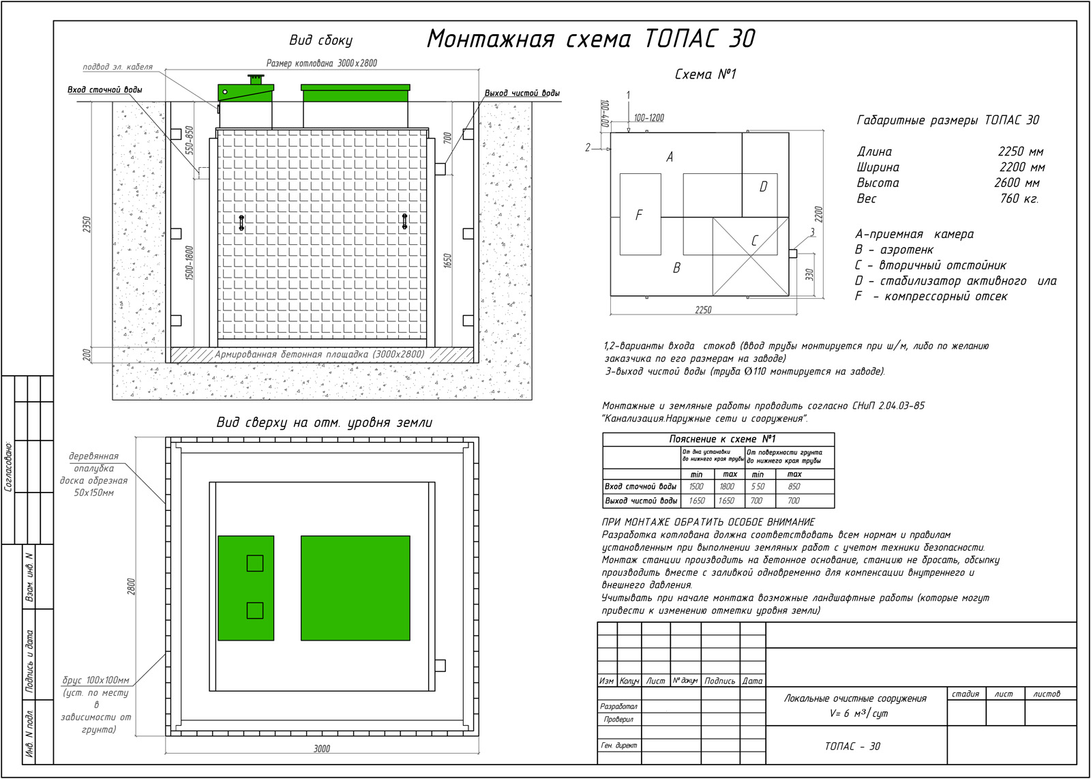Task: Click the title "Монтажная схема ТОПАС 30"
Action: (x=591, y=39)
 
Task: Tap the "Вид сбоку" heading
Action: (x=320, y=40)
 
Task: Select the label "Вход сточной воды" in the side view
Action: (x=105, y=90)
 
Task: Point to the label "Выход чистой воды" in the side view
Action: (x=522, y=93)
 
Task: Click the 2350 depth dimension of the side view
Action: (x=87, y=224)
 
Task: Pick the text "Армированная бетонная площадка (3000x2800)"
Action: (x=320, y=355)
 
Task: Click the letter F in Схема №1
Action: (x=639, y=216)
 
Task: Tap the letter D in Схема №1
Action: (x=763, y=187)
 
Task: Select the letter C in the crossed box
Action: (x=754, y=241)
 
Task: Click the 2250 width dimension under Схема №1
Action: (x=703, y=310)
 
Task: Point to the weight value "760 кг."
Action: (x=1019, y=199)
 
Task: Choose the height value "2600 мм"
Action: (x=1017, y=183)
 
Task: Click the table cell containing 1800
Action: (x=727, y=486)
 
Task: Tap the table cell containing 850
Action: (x=794, y=486)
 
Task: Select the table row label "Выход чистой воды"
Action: (x=641, y=501)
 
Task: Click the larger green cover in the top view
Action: (x=355, y=587)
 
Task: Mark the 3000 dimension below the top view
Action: (x=322, y=748)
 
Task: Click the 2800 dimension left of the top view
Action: (x=131, y=587)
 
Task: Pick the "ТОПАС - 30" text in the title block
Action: (x=852, y=746)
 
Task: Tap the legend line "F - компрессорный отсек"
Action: (x=931, y=297)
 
